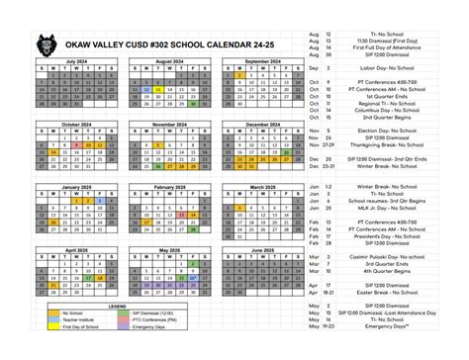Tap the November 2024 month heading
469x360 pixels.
[169, 124]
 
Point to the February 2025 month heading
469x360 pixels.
[169, 186]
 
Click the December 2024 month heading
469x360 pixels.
[262, 124]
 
